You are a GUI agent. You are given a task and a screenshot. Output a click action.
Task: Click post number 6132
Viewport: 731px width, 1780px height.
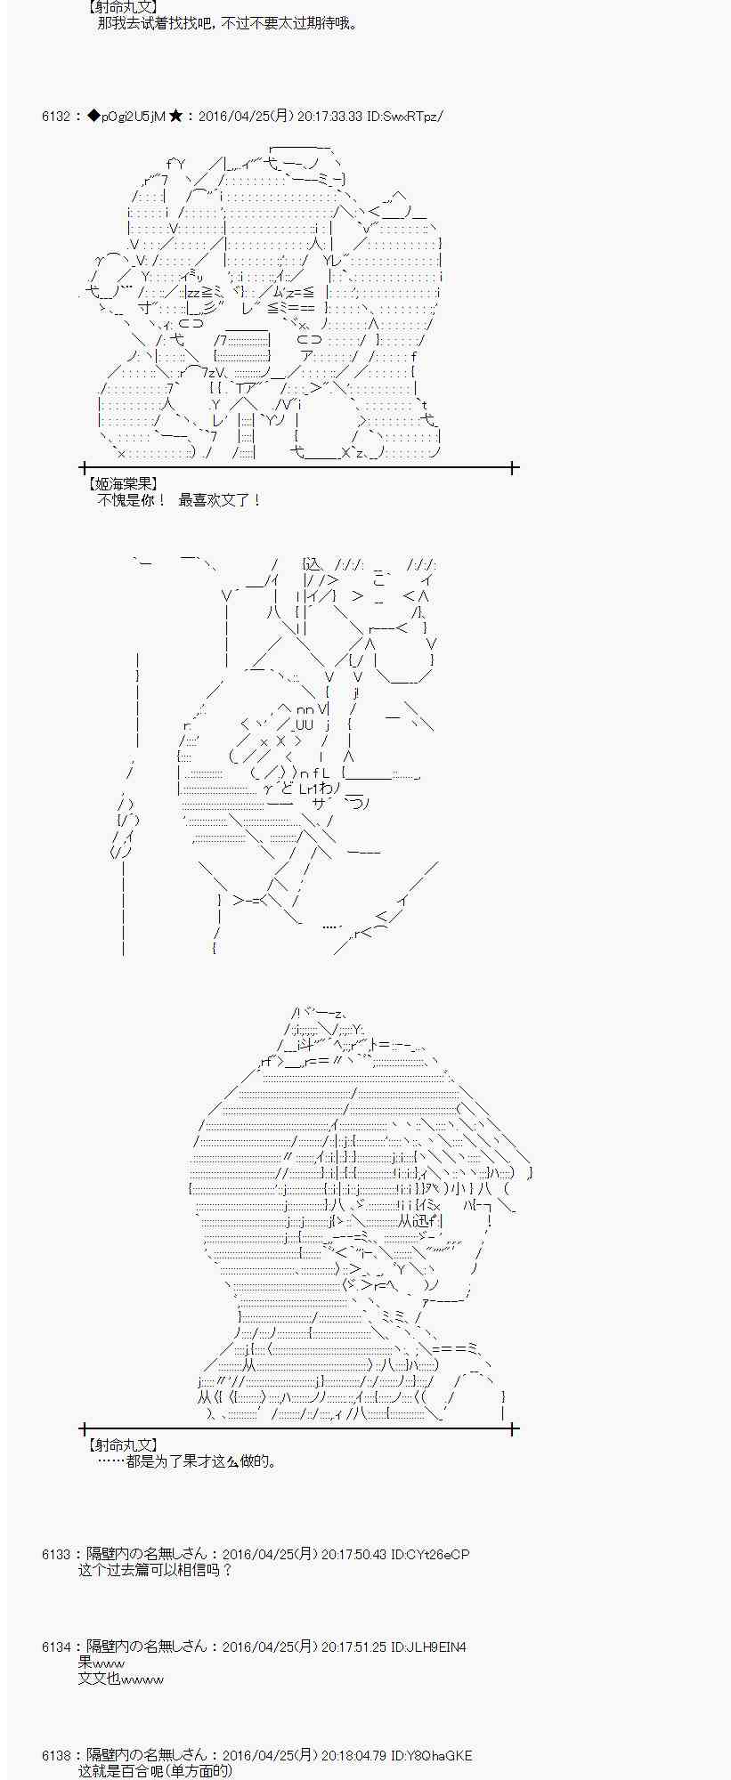point(55,116)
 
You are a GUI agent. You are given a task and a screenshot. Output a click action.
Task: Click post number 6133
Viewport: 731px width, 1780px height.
point(55,1554)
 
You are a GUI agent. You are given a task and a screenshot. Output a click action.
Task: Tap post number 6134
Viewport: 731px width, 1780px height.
point(55,1646)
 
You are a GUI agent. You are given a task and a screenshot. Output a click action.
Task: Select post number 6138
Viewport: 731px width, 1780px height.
point(55,1755)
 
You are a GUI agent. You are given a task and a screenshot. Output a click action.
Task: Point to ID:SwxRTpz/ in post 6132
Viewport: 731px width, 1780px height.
point(404,116)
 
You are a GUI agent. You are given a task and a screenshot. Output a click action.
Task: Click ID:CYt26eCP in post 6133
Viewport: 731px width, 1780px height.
point(430,1554)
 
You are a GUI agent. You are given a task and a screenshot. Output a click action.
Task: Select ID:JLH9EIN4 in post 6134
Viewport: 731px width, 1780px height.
point(428,1646)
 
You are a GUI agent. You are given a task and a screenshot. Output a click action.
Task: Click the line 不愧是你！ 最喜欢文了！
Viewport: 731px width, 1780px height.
point(179,500)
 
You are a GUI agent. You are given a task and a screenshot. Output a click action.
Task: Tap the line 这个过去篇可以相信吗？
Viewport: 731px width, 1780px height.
point(156,1570)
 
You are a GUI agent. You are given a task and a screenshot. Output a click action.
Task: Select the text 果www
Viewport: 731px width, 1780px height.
point(102,1663)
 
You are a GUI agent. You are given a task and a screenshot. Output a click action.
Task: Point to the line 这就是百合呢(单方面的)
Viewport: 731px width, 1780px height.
point(156,1771)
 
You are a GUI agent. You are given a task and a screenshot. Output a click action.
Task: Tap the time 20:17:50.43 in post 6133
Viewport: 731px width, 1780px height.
point(353,1554)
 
